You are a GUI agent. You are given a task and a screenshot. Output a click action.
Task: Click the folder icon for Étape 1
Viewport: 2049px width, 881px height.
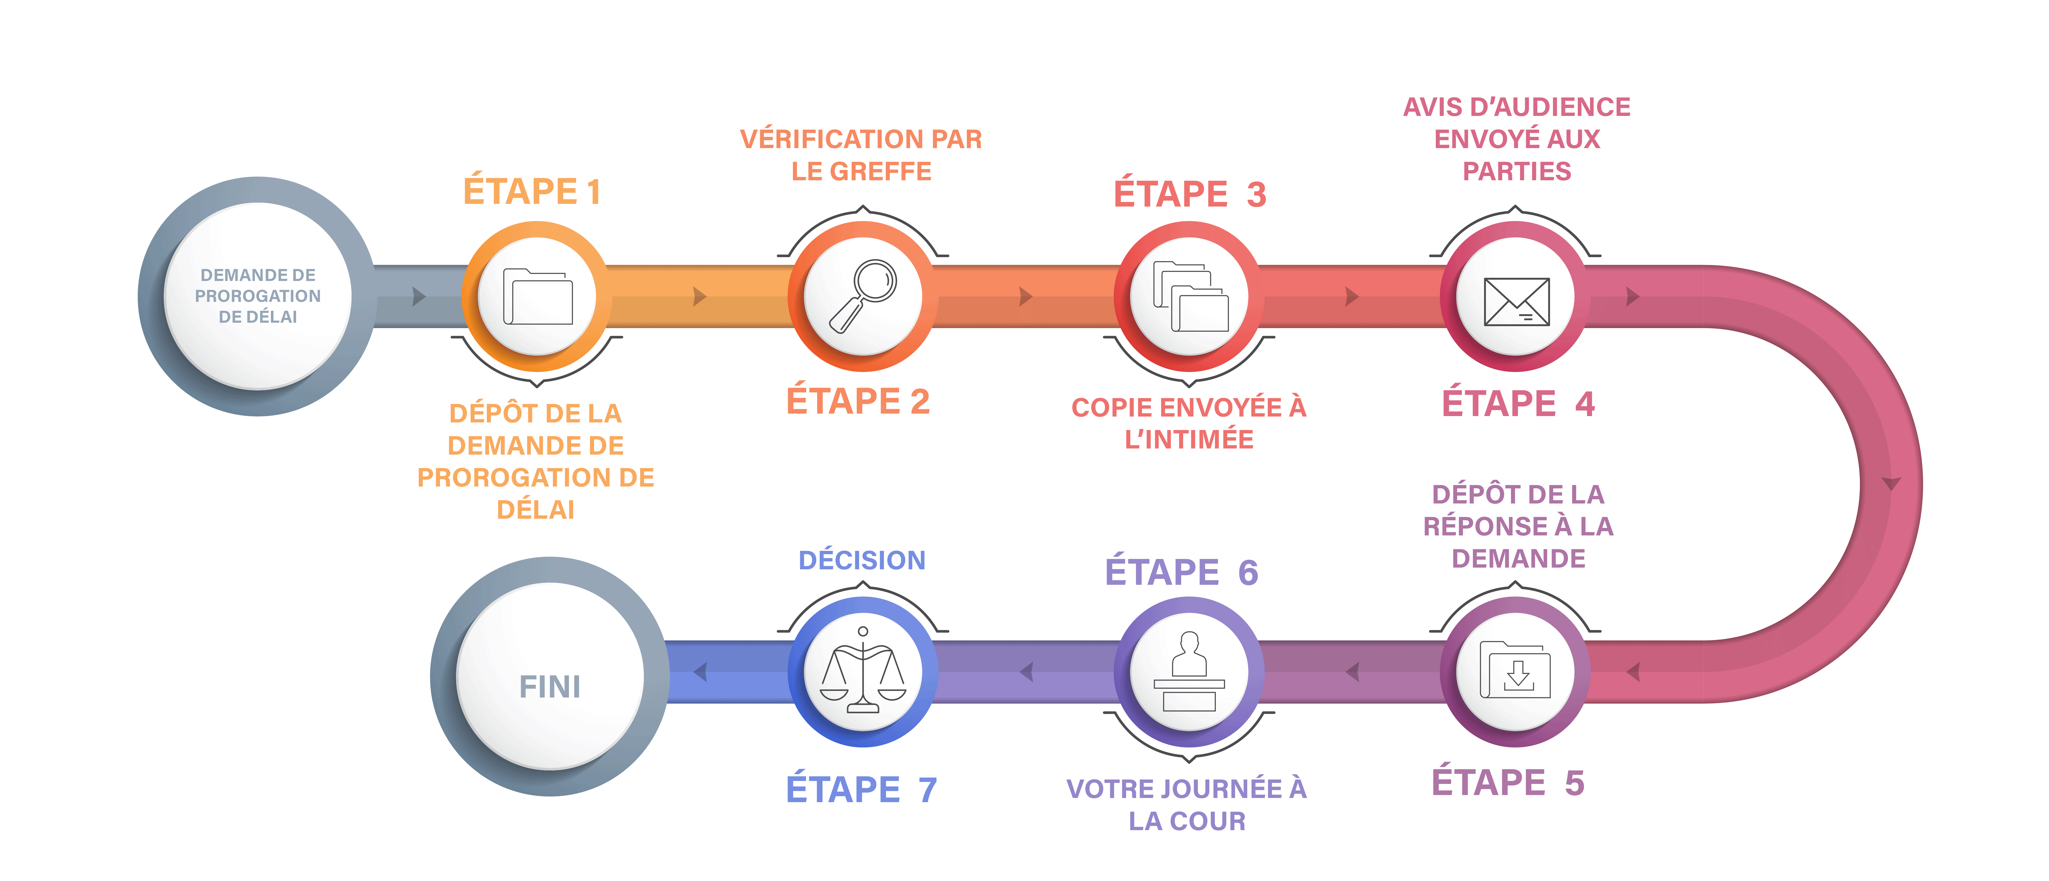[538, 297]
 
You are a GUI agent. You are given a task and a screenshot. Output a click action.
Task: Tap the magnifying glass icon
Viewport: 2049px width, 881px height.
[863, 296]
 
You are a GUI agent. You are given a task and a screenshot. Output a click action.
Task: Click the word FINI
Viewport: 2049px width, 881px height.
[550, 686]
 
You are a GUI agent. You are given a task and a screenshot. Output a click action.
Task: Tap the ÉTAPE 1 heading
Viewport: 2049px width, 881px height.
[532, 192]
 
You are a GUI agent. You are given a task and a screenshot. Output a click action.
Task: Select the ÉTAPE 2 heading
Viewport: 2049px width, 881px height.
[858, 401]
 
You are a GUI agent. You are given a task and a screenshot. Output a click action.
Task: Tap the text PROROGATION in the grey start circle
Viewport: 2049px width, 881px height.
[258, 296]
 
